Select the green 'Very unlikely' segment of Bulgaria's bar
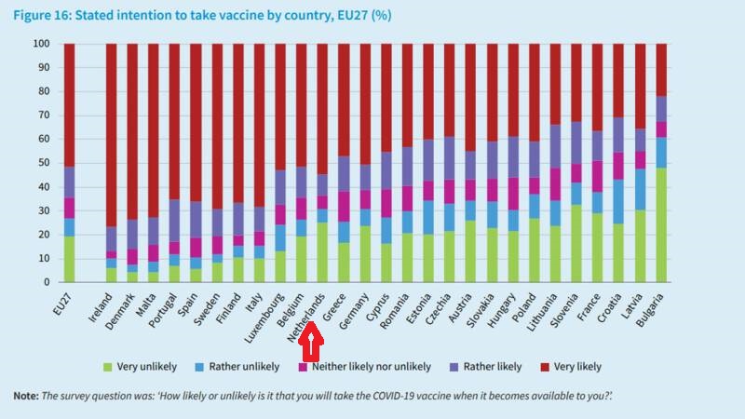660,224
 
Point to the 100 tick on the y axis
42,44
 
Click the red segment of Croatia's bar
617,80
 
